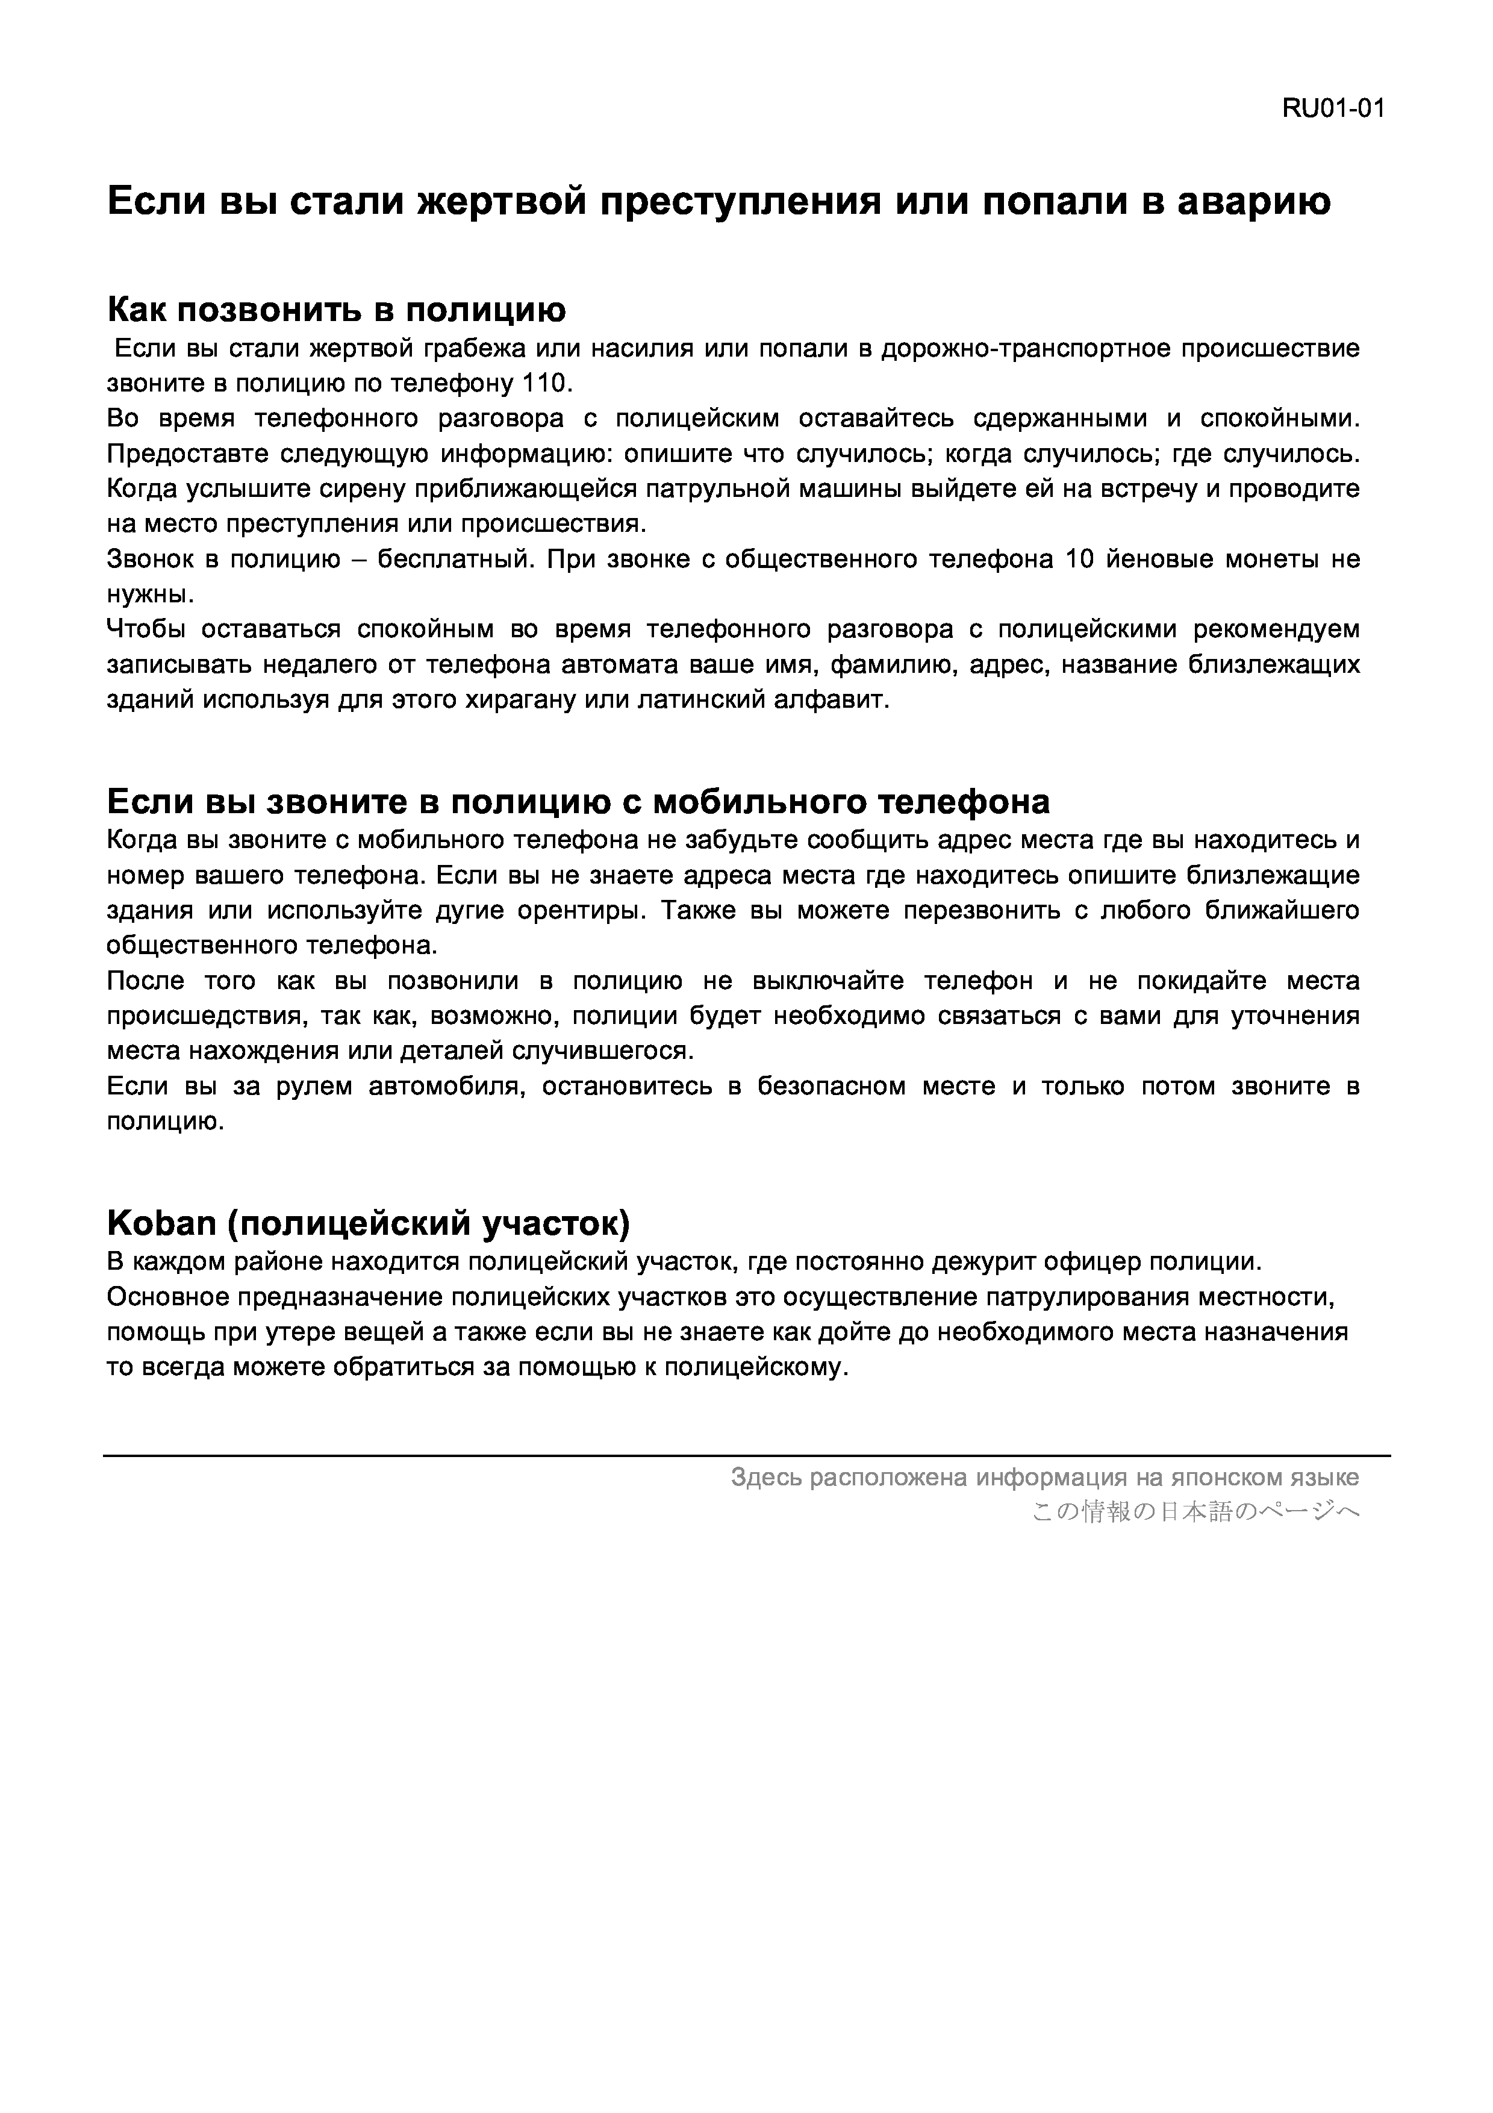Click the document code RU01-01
pos(1333,110)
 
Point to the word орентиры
pos(573,910)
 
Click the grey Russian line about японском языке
pos(1044,1477)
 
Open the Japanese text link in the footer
pos(1195,1511)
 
